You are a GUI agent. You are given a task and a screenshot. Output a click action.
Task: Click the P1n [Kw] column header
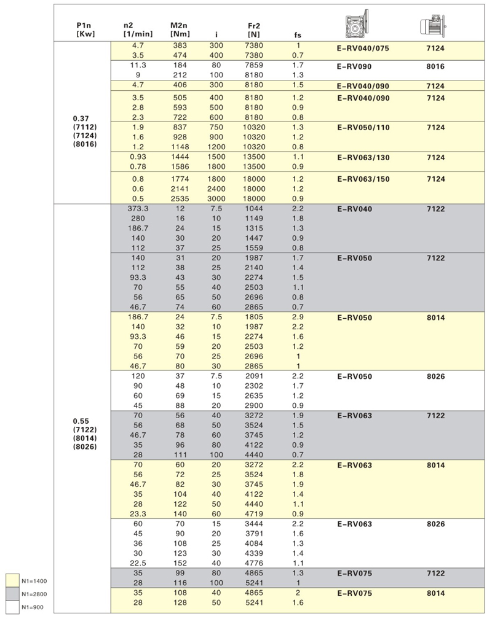pos(84,29)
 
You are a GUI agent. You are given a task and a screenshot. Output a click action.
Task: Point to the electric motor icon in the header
pos(432,25)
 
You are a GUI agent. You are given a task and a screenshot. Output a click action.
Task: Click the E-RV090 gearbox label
pos(355,66)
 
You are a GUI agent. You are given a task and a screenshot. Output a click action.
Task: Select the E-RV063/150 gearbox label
pos(368,179)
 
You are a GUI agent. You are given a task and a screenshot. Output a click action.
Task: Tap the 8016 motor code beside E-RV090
pos(435,66)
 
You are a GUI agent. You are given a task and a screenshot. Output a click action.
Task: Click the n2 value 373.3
pos(138,209)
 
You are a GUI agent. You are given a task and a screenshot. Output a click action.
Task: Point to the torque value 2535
pos(178,199)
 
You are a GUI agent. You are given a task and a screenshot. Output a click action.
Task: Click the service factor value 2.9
pos(298,317)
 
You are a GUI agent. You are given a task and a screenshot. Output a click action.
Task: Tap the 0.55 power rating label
pos(84,421)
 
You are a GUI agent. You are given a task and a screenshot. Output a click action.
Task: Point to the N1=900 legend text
pos(34,607)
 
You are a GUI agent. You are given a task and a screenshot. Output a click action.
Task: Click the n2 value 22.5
pos(138,562)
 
